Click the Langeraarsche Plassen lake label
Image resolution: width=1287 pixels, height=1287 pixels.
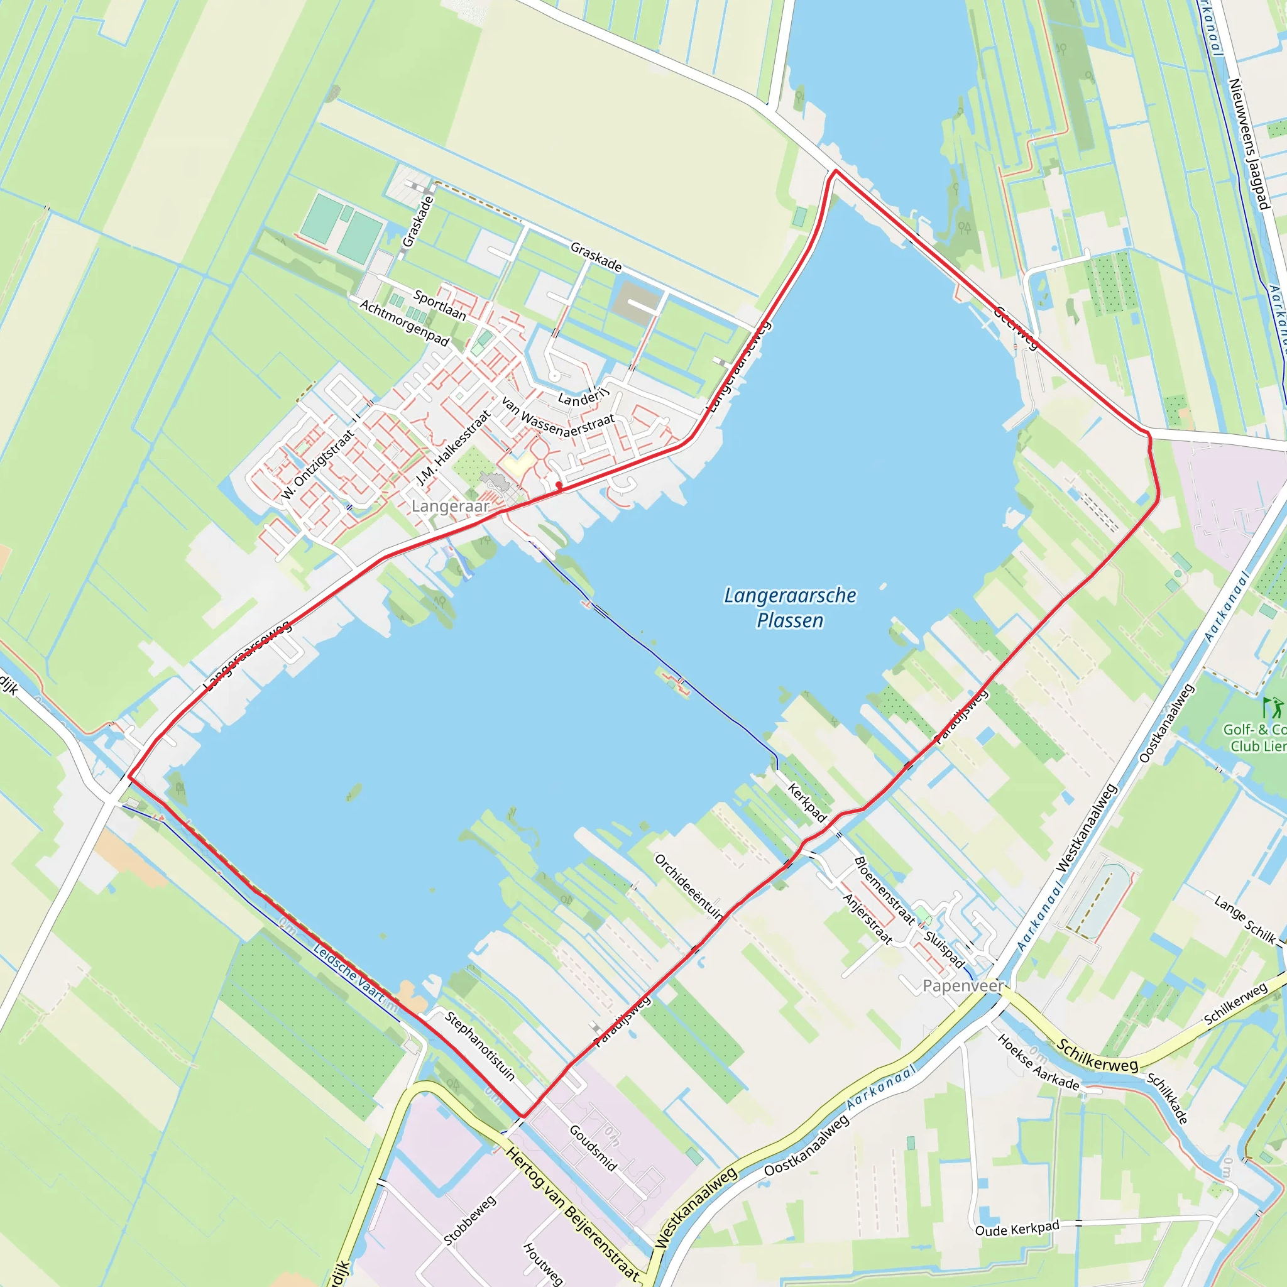[x=790, y=608]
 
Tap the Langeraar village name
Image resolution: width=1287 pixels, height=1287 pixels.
[x=451, y=507]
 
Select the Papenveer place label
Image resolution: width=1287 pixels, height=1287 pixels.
[x=963, y=985]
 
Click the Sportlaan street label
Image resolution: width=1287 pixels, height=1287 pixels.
[x=440, y=304]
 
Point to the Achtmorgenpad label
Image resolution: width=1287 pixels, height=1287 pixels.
[x=404, y=322]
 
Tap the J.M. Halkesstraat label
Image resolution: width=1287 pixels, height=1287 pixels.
[x=453, y=447]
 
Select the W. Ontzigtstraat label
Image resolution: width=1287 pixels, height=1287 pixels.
[x=317, y=464]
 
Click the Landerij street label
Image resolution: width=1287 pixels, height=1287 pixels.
[x=583, y=398]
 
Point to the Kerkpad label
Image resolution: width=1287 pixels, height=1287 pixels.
[x=807, y=802]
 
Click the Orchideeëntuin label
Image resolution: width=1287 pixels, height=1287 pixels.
[x=689, y=887]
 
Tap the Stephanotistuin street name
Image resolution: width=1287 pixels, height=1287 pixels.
[x=479, y=1045]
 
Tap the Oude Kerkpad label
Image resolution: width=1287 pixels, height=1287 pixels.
[x=1017, y=1229]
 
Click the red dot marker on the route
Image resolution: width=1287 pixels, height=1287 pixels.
[x=558, y=486]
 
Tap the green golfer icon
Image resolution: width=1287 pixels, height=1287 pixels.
[x=1271, y=708]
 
